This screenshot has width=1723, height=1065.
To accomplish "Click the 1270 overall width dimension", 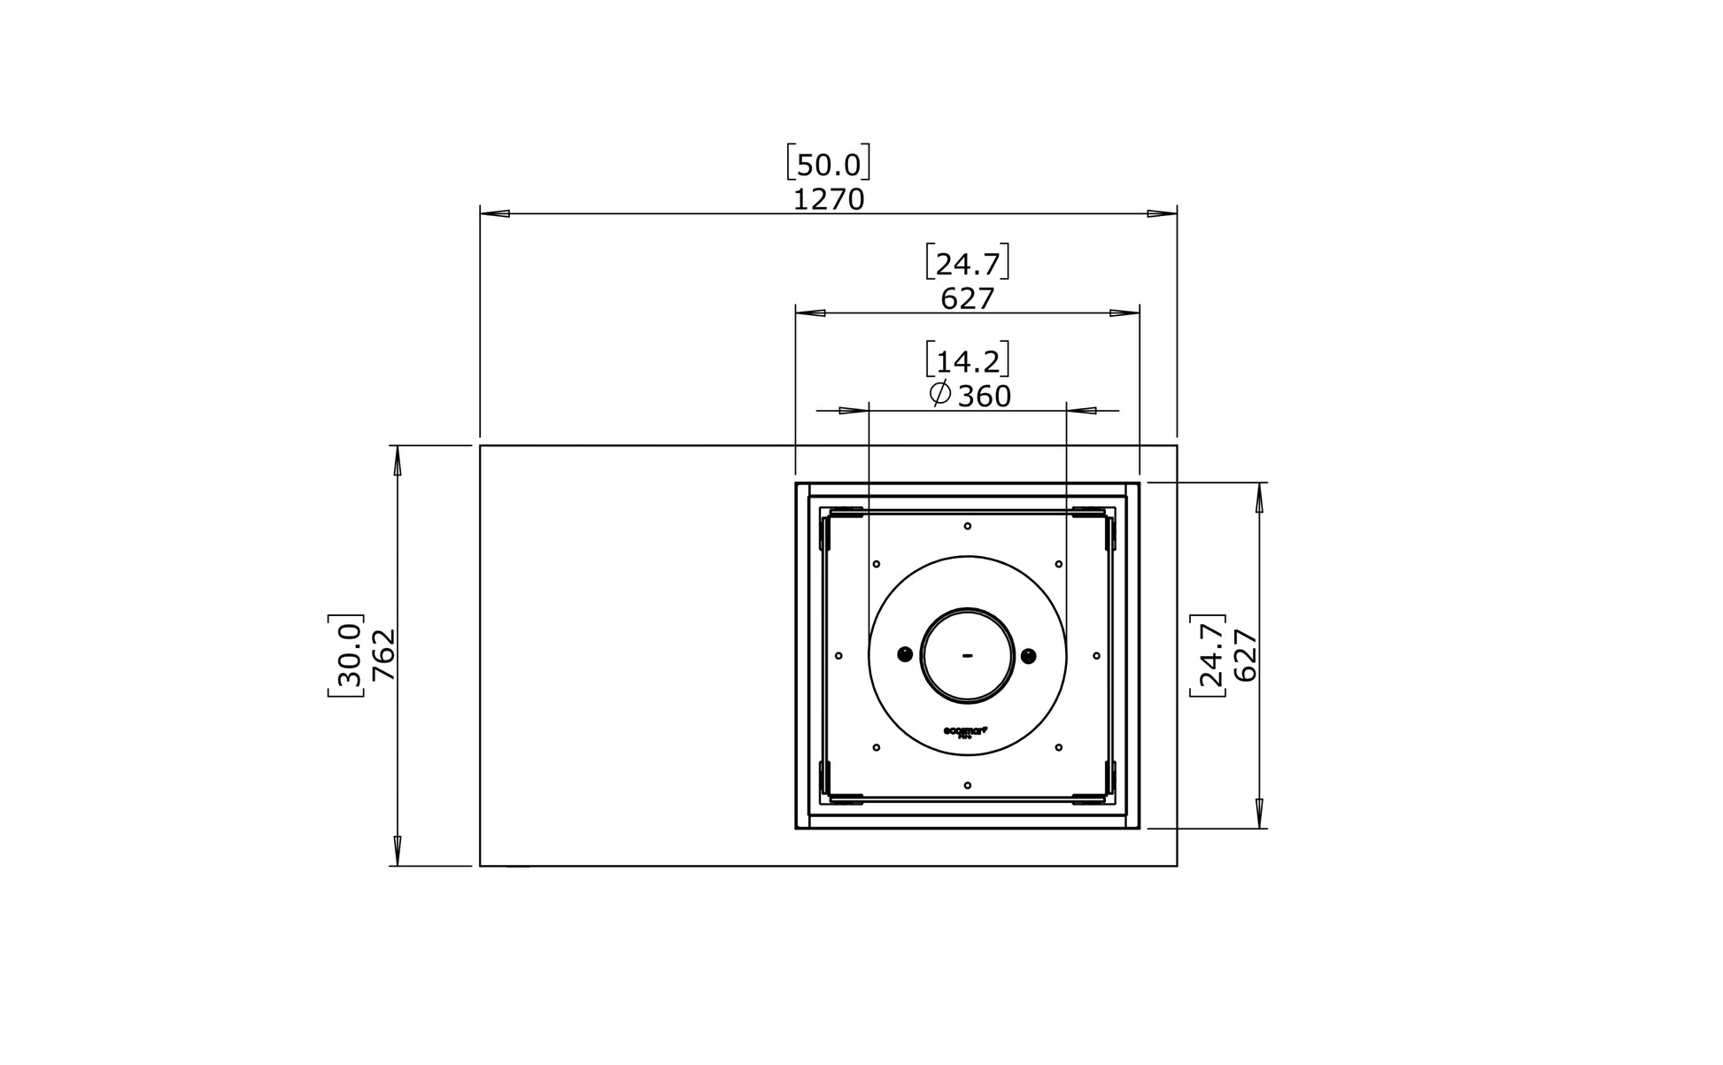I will tap(828, 200).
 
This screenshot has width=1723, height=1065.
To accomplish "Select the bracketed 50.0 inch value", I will tap(828, 165).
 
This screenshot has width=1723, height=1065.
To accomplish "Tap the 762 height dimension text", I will tap(383, 655).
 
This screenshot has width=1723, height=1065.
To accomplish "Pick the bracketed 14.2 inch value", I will tap(967, 361).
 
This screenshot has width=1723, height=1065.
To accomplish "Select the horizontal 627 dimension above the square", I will tap(967, 299).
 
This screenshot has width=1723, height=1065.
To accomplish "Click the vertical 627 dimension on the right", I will tap(1245, 655).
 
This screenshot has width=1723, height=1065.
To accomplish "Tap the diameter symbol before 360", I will tap(940, 395).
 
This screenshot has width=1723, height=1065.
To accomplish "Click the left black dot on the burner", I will tap(905, 655).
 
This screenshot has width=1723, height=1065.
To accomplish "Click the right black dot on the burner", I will tap(1028, 655).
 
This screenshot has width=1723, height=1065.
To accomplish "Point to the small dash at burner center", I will tap(967, 656).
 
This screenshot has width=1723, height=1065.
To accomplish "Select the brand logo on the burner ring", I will tap(966, 731).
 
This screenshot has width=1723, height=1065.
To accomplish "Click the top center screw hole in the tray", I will tap(967, 526).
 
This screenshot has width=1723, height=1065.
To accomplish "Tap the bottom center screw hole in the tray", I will tap(967, 785).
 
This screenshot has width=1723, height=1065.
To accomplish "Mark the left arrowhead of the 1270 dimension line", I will tap(495, 213).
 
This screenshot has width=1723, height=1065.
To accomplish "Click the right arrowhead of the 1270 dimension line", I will tap(1162, 213).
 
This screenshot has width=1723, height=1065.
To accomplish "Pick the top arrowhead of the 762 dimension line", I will tap(398, 460).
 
